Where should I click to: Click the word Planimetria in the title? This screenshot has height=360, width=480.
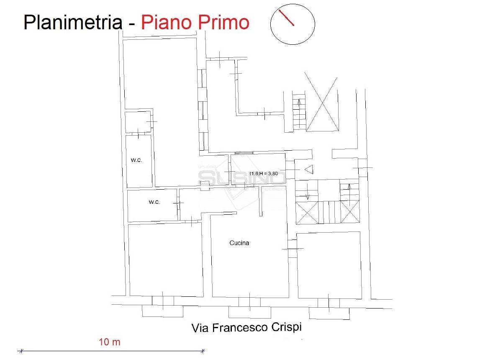[72, 22]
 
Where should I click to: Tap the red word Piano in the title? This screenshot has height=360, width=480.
[164, 22]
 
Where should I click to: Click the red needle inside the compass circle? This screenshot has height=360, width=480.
[287, 18]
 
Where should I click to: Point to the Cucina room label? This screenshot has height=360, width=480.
[239, 243]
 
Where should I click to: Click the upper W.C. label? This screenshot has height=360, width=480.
[136, 160]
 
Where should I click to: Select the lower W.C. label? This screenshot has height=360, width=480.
[154, 202]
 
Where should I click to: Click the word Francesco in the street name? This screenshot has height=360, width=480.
[240, 327]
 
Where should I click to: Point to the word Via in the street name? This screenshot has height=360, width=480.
[200, 328]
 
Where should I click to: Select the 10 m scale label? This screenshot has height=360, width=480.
[110, 342]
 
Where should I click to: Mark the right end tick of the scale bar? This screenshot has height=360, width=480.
[203, 351]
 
